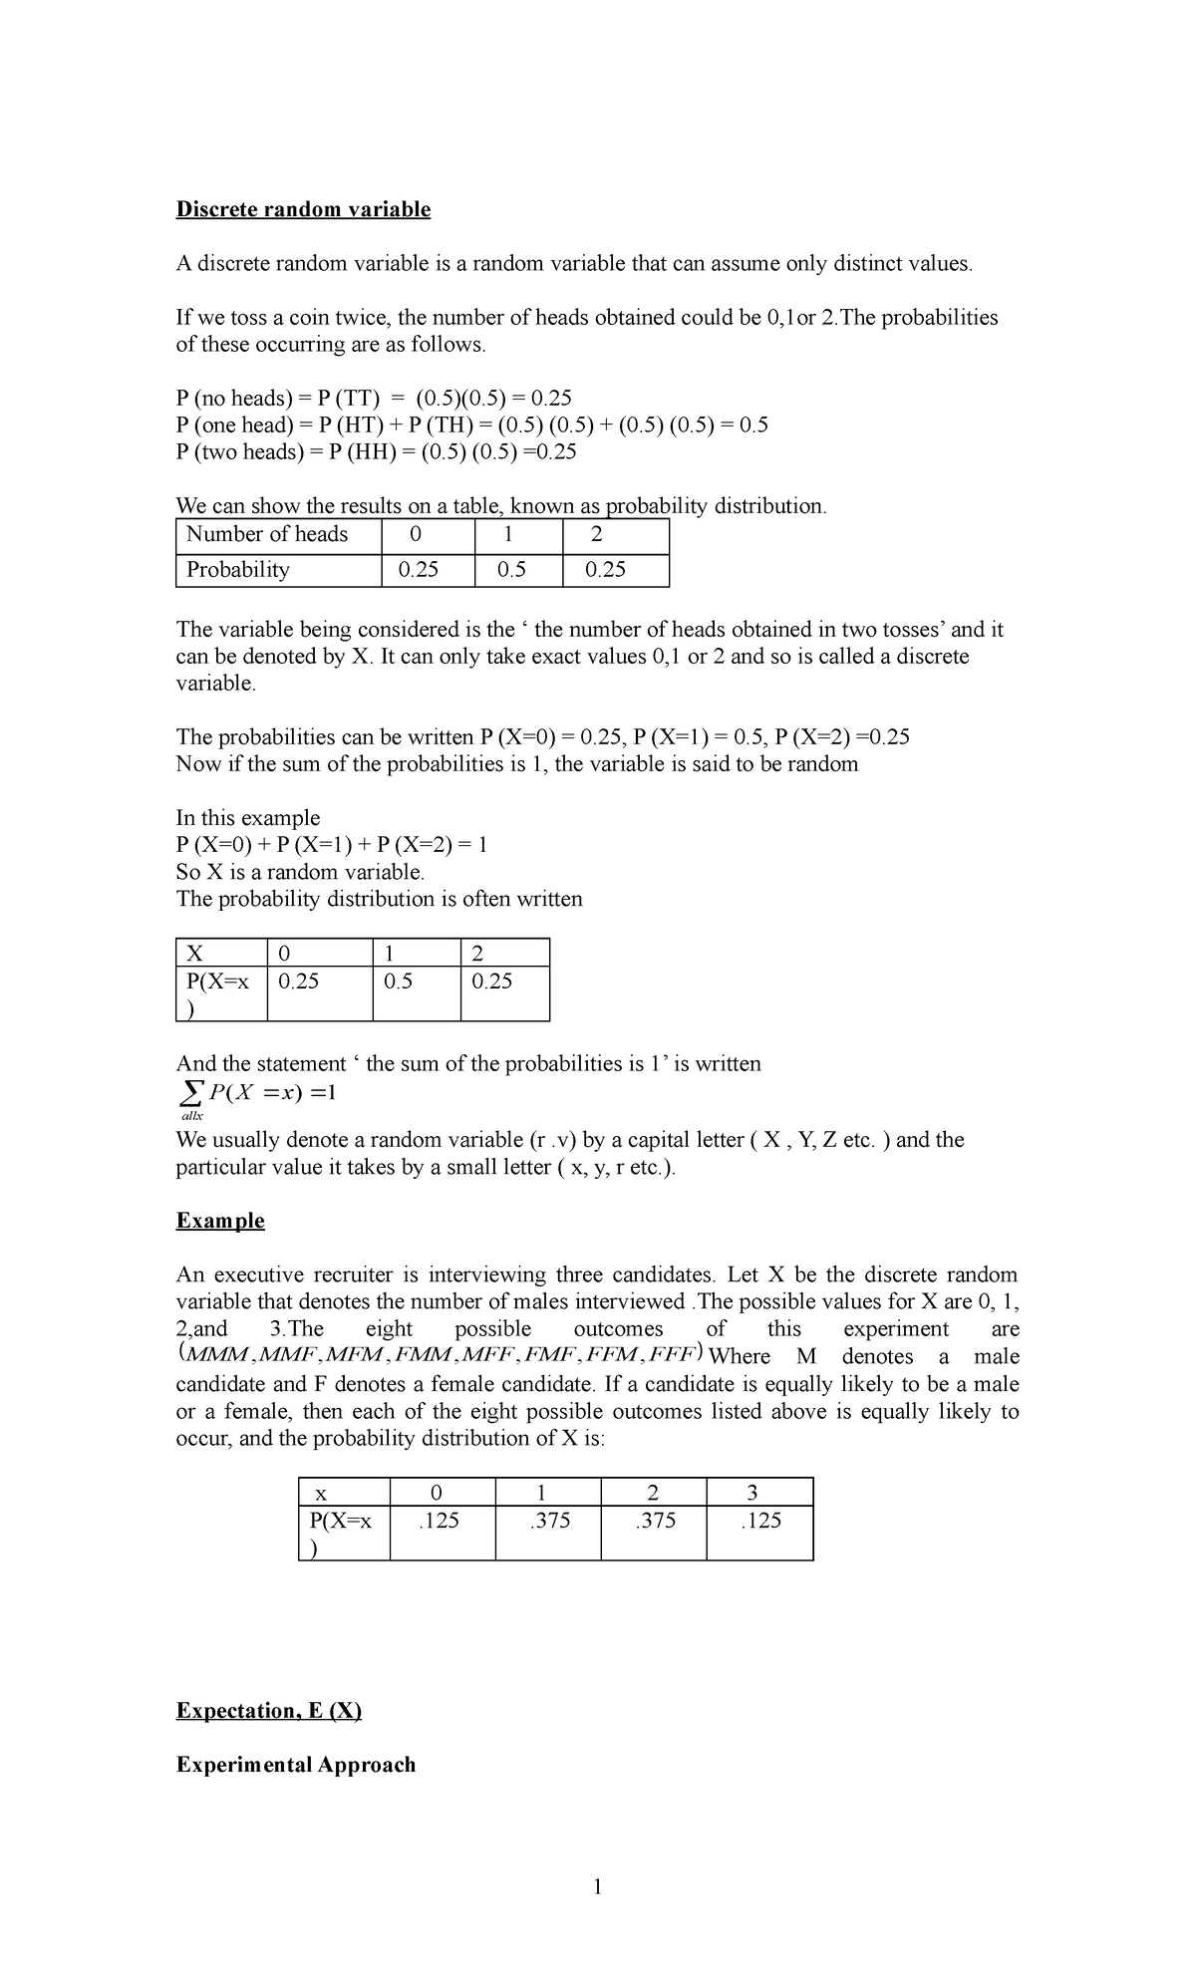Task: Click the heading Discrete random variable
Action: point(303,209)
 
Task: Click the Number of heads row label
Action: point(267,534)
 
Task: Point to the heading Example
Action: point(220,1221)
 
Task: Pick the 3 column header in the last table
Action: point(752,1493)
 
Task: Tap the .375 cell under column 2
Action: point(654,1521)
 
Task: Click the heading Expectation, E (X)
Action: point(268,1711)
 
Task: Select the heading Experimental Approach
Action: point(296,1765)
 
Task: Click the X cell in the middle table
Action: point(195,954)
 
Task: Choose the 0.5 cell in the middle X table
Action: point(398,982)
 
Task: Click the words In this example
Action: point(248,818)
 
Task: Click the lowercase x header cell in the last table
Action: point(321,1494)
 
